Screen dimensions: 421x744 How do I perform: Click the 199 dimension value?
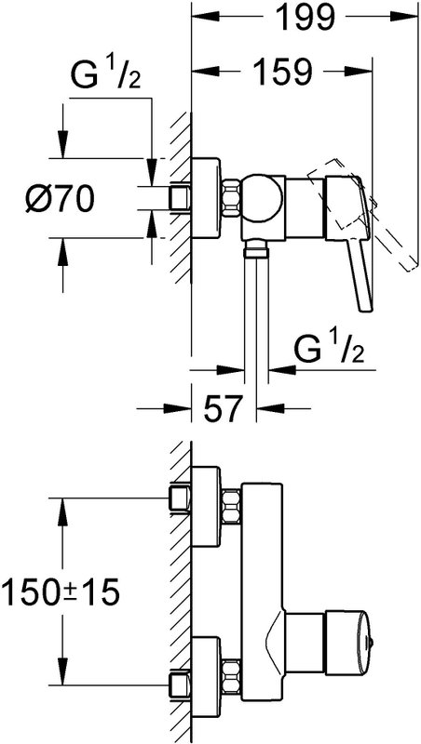click(x=305, y=18)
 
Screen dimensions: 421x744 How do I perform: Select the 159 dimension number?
click(x=282, y=73)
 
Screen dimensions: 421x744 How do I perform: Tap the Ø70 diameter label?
click(x=60, y=198)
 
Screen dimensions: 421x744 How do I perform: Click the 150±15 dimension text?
click(x=60, y=592)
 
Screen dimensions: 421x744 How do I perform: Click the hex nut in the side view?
click(x=230, y=198)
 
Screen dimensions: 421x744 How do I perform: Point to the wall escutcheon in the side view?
click(x=206, y=197)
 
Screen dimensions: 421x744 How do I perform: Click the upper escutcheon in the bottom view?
click(x=206, y=506)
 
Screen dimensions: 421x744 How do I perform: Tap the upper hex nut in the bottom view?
click(x=231, y=507)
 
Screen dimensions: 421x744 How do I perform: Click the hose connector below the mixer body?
click(x=256, y=248)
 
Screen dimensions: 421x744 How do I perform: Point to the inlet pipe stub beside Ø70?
click(x=180, y=198)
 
